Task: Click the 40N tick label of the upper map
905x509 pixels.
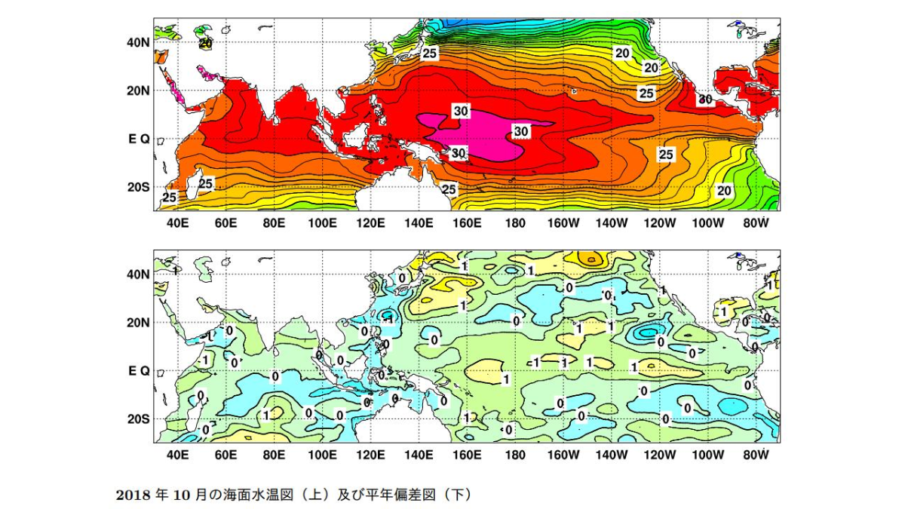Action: pyautogui.click(x=138, y=42)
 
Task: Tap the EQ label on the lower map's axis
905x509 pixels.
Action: pyautogui.click(x=139, y=371)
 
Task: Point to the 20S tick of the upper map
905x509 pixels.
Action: pyautogui.click(x=139, y=188)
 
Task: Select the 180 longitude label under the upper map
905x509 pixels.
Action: pyautogui.click(x=516, y=223)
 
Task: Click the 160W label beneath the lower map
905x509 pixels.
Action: pyautogui.click(x=563, y=455)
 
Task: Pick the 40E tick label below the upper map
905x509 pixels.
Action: pyautogui.click(x=178, y=223)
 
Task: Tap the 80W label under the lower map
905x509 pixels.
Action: pyautogui.click(x=756, y=455)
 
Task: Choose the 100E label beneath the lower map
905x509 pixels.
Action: pyautogui.click(x=323, y=455)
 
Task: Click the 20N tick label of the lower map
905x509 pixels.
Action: pyautogui.click(x=139, y=323)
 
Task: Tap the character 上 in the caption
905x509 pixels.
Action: pyautogui.click(x=309, y=495)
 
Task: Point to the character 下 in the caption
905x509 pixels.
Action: pyautogui.click(x=457, y=495)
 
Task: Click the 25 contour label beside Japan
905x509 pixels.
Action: pyautogui.click(x=429, y=53)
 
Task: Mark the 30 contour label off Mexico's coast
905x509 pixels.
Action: pyautogui.click(x=705, y=99)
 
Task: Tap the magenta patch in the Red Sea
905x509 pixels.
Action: pyautogui.click(x=176, y=92)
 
